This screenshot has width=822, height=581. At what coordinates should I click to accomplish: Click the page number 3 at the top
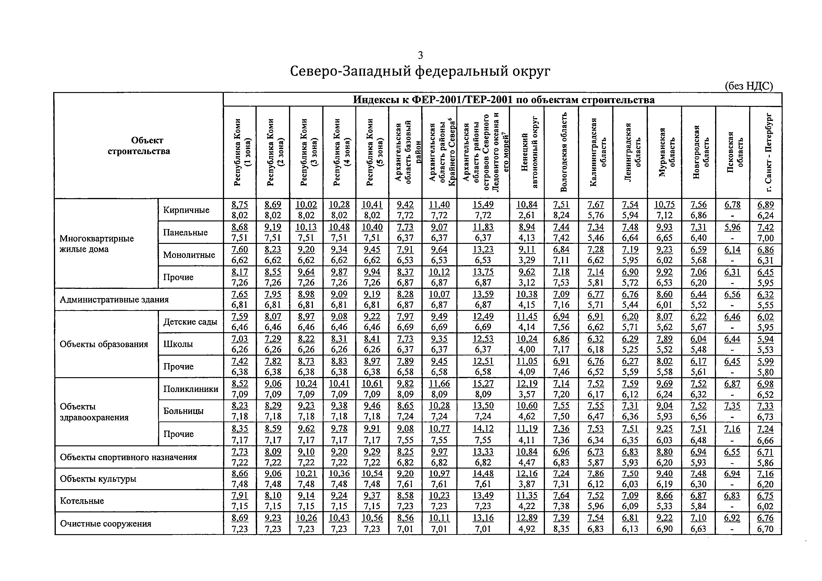coord(420,55)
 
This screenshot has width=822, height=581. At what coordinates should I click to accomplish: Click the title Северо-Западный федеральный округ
coord(420,71)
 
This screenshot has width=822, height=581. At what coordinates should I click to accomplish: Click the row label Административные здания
coord(114,299)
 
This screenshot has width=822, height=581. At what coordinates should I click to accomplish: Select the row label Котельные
coord(82,501)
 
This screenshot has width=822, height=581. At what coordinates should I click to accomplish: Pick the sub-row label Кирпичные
coord(186,210)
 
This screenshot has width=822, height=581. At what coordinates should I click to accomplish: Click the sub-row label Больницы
coord(183,411)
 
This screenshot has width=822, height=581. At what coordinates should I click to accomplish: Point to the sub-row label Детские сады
coord(190,322)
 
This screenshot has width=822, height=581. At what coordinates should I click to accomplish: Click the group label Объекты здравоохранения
coord(94,412)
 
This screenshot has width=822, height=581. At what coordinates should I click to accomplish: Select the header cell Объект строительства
coord(139,146)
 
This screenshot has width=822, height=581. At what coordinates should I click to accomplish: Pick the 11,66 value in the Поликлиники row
coord(439,384)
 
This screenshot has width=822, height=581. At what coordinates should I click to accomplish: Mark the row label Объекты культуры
coord(98,479)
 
